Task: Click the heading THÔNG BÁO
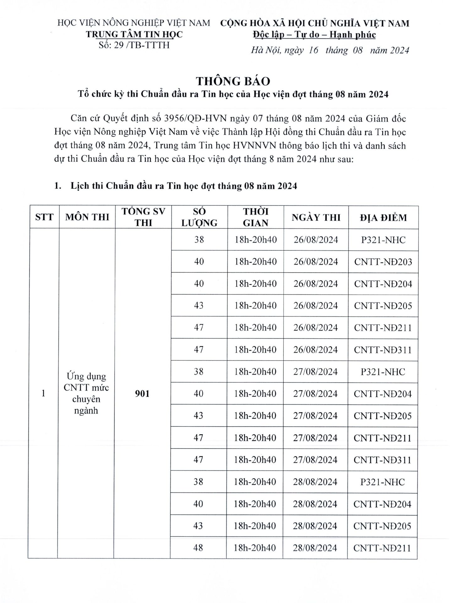click(233, 81)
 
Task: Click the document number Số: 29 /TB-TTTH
click(134, 45)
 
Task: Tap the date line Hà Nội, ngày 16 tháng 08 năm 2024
click(330, 50)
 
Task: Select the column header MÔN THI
click(87, 217)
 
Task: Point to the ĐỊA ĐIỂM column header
click(383, 217)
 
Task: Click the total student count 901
click(142, 394)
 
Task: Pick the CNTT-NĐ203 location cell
click(383, 262)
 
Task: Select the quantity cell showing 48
click(198, 548)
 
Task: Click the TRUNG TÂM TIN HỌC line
click(134, 34)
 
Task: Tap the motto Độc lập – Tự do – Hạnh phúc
click(314, 35)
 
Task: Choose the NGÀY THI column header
click(316, 217)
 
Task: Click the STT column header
click(44, 217)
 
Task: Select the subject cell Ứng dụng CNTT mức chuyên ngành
click(86, 393)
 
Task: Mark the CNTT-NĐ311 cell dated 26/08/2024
click(383, 350)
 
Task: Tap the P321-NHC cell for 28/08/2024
click(382, 482)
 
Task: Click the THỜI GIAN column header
click(256, 217)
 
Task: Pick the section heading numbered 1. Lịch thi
click(176, 186)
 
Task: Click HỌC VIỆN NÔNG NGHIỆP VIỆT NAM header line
click(134, 23)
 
